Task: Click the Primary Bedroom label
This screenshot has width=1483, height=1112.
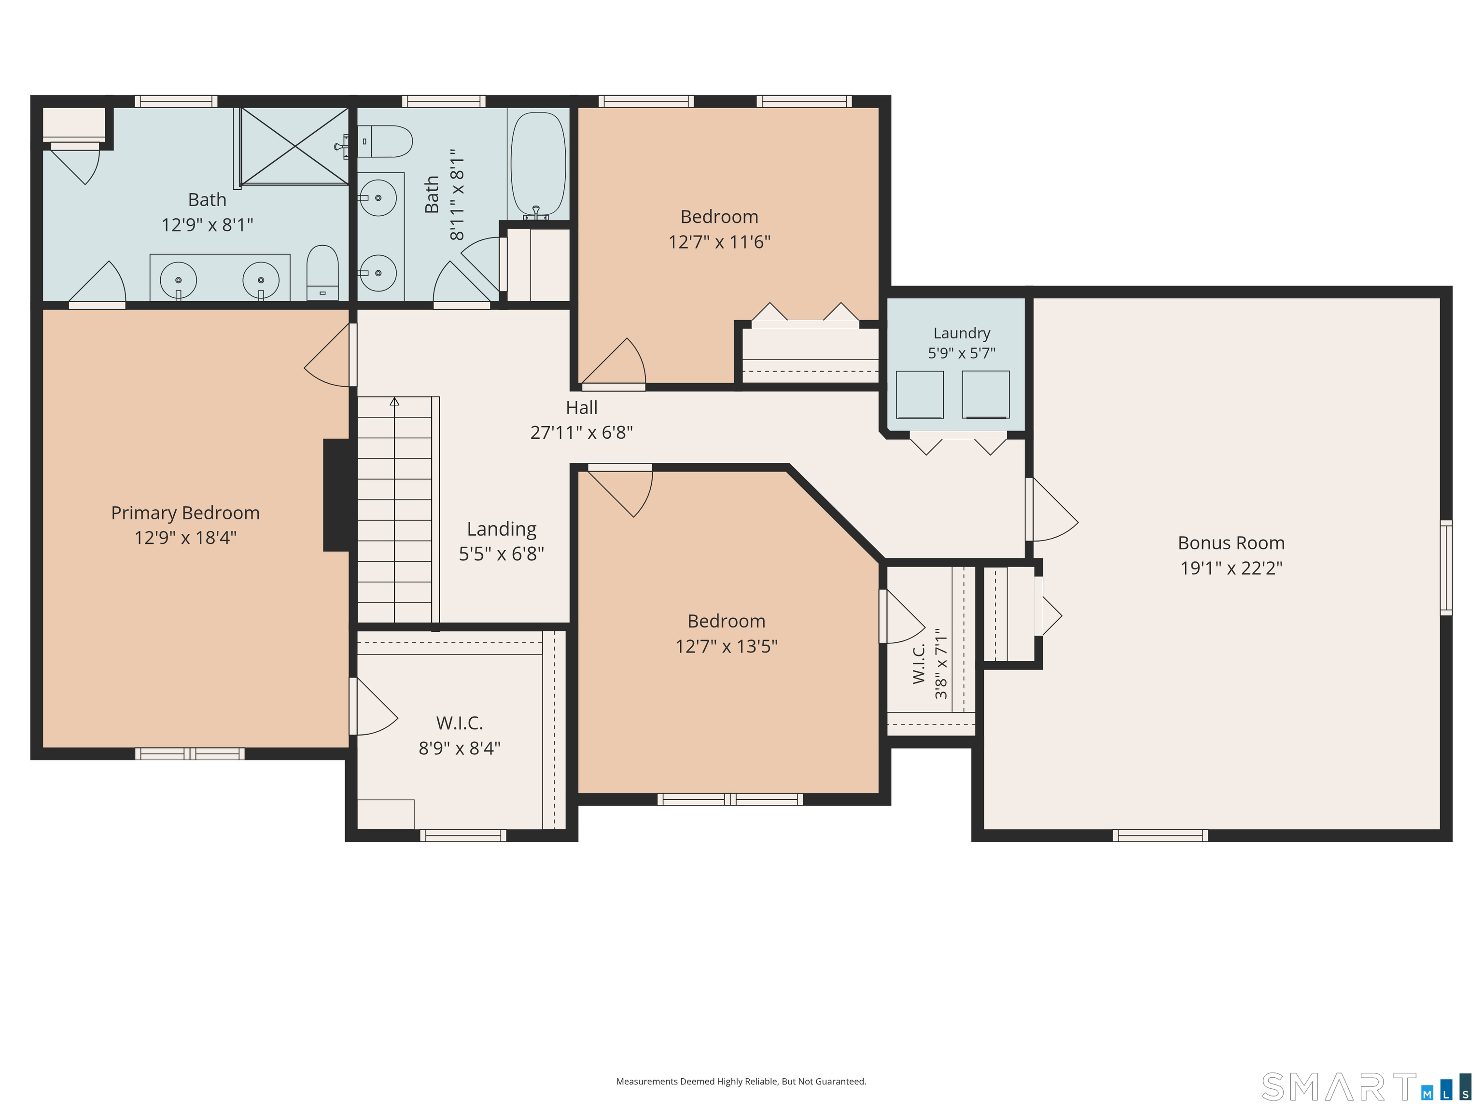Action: (185, 513)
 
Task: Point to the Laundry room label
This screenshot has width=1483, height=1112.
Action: (962, 333)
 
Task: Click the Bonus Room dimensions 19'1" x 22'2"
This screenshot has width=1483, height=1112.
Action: (1231, 568)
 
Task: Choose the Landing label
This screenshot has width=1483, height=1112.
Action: (502, 529)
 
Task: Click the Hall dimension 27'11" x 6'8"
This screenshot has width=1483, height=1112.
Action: (581, 432)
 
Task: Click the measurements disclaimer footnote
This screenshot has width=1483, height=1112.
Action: (741, 1081)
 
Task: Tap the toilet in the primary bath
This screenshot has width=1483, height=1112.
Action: (322, 273)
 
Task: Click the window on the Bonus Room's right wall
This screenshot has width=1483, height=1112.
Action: (1446, 568)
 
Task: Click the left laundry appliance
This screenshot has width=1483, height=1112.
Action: (920, 395)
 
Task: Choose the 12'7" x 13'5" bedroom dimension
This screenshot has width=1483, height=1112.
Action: (726, 646)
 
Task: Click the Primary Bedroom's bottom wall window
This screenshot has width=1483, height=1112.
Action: (190, 753)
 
